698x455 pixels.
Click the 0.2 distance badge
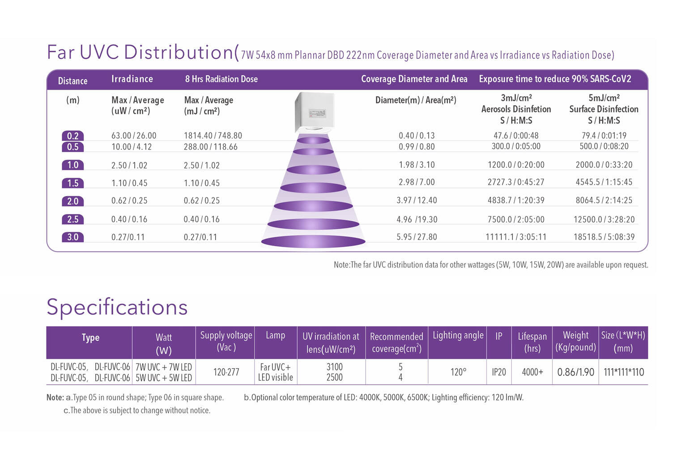coord(72,136)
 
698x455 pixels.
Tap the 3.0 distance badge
coord(72,237)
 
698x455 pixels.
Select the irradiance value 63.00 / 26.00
coord(134,136)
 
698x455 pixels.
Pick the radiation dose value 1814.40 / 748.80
coord(213,136)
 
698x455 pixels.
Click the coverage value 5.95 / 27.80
coord(417,237)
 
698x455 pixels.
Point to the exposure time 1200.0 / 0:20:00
coord(516,165)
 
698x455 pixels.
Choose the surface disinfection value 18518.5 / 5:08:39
coord(604,237)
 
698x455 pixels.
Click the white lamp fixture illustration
coord(313,112)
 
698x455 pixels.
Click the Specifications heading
coord(117,307)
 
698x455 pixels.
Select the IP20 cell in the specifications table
coord(498,372)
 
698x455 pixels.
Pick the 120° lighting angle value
coord(458,372)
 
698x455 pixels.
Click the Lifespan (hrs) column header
coord(532,342)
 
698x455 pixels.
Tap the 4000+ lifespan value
coord(532,372)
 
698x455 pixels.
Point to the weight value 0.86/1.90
coord(575,372)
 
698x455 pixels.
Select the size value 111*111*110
coord(624,372)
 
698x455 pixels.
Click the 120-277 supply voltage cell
coord(226,372)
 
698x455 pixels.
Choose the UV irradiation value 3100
coord(334,367)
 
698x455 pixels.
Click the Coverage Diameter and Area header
coord(414,79)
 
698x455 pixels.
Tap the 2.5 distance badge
coord(72,219)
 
